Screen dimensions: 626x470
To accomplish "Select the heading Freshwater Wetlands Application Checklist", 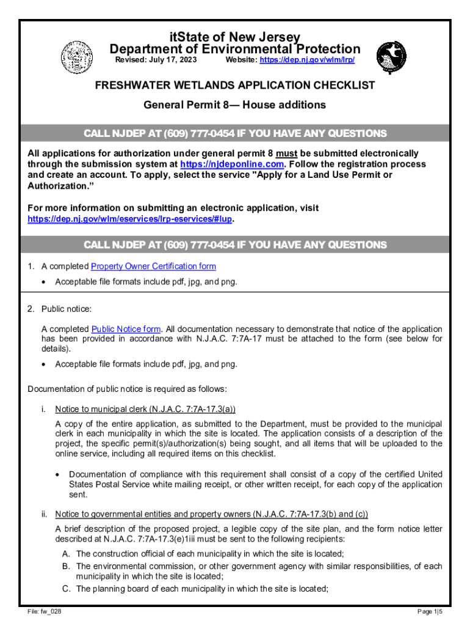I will pos(234,86).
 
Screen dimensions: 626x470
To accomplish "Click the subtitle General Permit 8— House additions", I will pos(234,105).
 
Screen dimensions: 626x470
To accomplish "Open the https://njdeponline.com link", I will pos(231,164).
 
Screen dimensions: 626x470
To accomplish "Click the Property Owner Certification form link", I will pos(153,267).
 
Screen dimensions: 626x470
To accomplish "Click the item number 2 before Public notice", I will pos(31,309).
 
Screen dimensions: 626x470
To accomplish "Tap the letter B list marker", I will pos(65,566).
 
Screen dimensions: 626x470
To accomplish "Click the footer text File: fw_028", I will pos(44,612).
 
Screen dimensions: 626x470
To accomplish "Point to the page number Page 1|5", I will pos(429,612).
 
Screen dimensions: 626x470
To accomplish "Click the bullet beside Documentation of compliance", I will pos(58,474).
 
